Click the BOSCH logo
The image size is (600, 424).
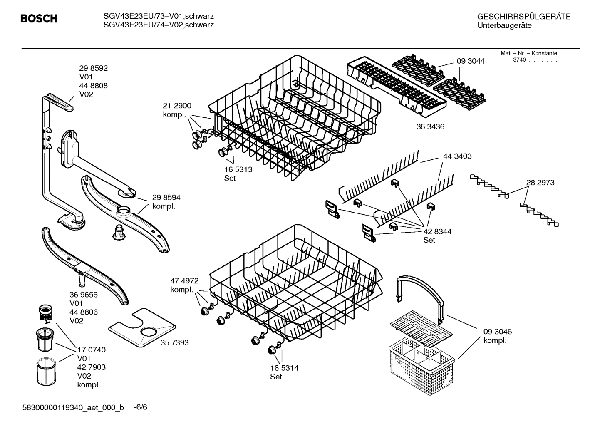click(x=39, y=19)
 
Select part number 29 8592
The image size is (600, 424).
click(x=93, y=68)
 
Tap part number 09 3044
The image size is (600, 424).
click(x=470, y=61)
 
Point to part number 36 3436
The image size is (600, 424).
click(x=430, y=127)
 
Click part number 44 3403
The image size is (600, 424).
click(x=457, y=156)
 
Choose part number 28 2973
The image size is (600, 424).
click(x=540, y=183)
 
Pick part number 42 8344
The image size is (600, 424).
click(x=437, y=231)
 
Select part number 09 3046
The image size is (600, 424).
click(x=497, y=332)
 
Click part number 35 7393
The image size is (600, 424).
click(x=174, y=343)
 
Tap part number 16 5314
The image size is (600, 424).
click(x=284, y=368)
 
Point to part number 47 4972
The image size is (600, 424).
click(x=184, y=281)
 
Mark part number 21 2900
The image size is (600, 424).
click(x=177, y=106)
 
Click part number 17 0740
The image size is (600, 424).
click(x=91, y=350)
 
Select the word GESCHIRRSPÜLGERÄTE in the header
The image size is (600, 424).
click(x=523, y=17)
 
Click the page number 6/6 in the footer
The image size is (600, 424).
click(x=140, y=407)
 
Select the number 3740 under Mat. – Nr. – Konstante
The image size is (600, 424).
click(x=519, y=60)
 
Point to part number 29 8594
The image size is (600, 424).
click(x=166, y=198)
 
